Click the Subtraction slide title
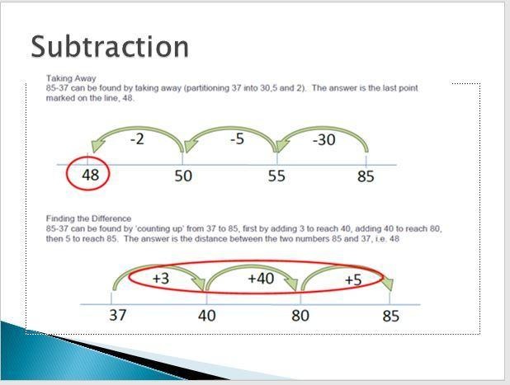tap(110, 47)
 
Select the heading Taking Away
tap(71, 78)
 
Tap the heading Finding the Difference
tap(88, 218)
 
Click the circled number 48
tap(90, 175)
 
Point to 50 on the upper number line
tap(183, 176)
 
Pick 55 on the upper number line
tap(276, 176)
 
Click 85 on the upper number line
tap(366, 176)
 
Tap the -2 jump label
tap(137, 139)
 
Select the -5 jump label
tap(237, 139)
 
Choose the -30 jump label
tap(324, 139)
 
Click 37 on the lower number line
tap(117, 315)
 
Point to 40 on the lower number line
tap(206, 316)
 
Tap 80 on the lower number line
tap(300, 316)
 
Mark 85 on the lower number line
tap(390, 316)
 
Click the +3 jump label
tap(161, 279)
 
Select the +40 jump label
tap(261, 279)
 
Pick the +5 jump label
tap(353, 279)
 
